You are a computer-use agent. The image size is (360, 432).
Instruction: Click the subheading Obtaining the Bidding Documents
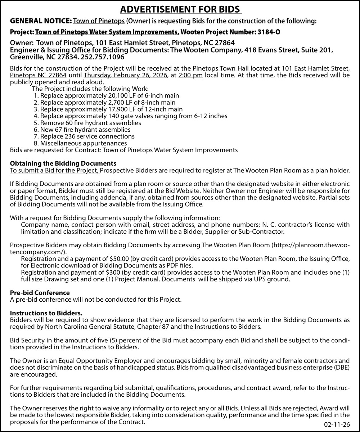[63, 163]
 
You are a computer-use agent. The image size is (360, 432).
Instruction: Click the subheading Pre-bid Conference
[40, 293]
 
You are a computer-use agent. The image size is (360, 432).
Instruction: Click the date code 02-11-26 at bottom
[337, 425]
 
